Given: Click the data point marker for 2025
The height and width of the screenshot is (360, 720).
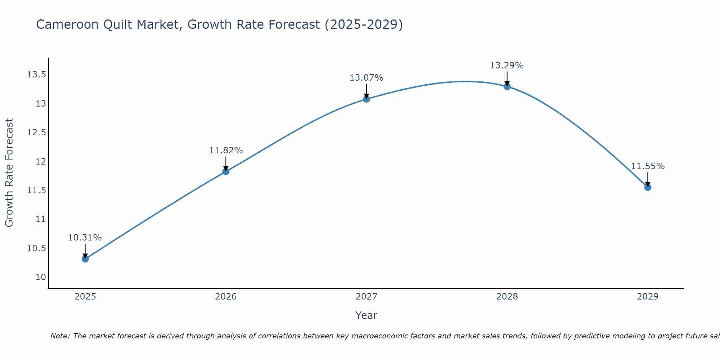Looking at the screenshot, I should click(x=85, y=259).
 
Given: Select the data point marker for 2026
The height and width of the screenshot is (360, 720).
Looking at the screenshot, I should click(x=226, y=171).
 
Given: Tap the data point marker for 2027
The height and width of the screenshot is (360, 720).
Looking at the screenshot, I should click(x=366, y=99).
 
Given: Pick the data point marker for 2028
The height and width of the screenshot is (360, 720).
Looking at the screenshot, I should click(x=507, y=86).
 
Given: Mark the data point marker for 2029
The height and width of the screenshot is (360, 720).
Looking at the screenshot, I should click(x=648, y=187).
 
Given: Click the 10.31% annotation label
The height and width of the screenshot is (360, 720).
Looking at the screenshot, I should click(x=85, y=238).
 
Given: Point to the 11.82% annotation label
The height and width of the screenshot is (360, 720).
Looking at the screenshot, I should click(x=226, y=150).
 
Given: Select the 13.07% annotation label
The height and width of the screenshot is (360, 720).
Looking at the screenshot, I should click(x=366, y=78).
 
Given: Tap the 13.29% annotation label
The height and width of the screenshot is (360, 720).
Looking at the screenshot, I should click(x=507, y=66).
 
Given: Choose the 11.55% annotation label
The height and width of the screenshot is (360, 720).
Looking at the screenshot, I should click(x=648, y=166).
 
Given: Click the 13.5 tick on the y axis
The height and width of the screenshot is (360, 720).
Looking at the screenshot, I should click(x=36, y=75).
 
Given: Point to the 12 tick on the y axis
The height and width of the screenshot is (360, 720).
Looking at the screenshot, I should click(x=41, y=161).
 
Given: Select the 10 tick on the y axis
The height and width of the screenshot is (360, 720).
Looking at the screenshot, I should click(x=41, y=277).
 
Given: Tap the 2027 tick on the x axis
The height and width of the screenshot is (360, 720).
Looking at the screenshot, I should click(x=366, y=297).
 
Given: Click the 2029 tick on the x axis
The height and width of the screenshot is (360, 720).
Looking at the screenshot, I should click(x=648, y=297).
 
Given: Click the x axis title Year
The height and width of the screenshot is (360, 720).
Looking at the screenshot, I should click(x=366, y=315).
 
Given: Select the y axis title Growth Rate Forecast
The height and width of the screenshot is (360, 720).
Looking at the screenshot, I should click(x=9, y=173).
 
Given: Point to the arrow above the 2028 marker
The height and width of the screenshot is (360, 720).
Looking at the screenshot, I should click(x=507, y=78).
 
